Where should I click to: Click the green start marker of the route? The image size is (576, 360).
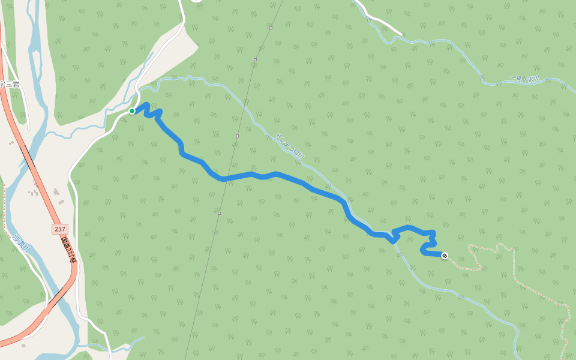click(x=132, y=111)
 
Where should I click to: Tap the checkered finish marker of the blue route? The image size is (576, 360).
click(x=445, y=256)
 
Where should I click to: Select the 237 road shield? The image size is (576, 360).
click(x=59, y=229)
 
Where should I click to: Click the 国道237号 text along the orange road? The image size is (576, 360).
click(x=68, y=248)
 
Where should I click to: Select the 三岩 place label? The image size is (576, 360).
click(x=10, y=85)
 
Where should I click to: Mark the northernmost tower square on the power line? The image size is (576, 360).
click(x=271, y=28)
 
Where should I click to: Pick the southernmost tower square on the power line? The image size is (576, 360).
click(x=220, y=213)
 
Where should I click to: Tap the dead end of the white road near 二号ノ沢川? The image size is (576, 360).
click(x=400, y=32)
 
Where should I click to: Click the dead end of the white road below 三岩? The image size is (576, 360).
click(x=28, y=128)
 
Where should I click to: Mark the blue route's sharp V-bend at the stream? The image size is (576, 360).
click(x=393, y=241)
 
